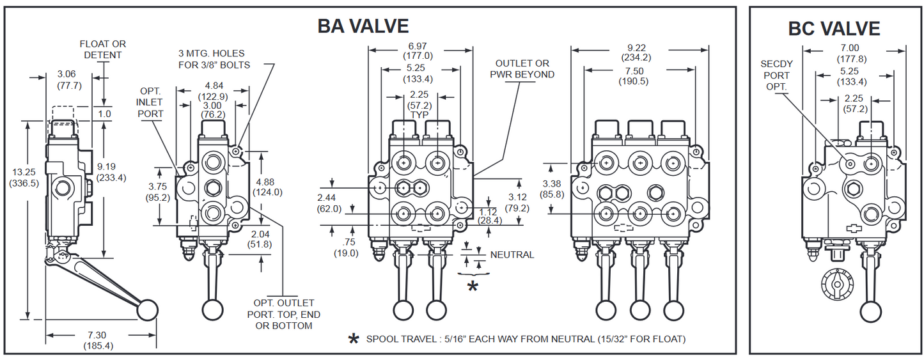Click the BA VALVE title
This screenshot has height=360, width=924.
point(363,26)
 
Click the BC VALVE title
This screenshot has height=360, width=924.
point(834,28)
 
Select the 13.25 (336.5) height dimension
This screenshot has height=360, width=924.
point(25,177)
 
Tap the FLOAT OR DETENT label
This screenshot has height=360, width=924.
point(102,49)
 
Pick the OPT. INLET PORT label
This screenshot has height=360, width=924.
point(150,102)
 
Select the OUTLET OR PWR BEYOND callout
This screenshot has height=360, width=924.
point(522,68)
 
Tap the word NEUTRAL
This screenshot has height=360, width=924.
point(512,254)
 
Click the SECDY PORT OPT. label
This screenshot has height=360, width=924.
point(776,75)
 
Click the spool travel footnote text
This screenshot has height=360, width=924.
point(525,339)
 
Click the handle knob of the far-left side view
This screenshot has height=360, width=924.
point(147,309)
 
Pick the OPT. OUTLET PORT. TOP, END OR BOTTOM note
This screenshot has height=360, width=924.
point(284,314)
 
